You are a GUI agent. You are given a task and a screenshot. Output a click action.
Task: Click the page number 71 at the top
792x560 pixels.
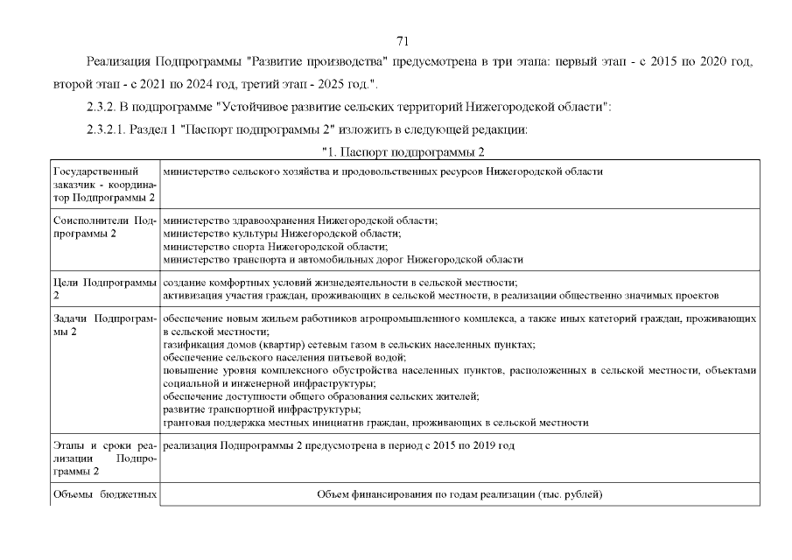pyautogui.click(x=403, y=40)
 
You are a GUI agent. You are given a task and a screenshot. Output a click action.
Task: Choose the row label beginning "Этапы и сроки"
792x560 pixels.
pyautogui.click(x=102, y=458)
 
